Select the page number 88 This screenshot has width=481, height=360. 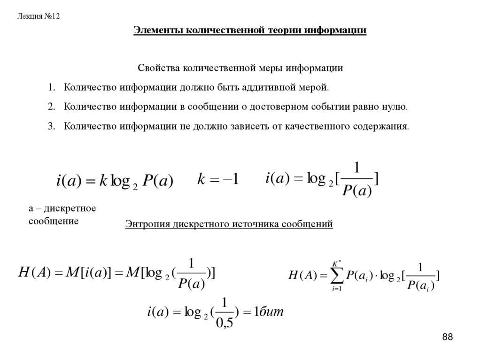pyautogui.click(x=447, y=337)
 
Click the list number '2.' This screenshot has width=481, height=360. pyautogui.click(x=51, y=107)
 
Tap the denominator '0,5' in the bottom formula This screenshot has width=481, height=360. pyautogui.click(x=225, y=323)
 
